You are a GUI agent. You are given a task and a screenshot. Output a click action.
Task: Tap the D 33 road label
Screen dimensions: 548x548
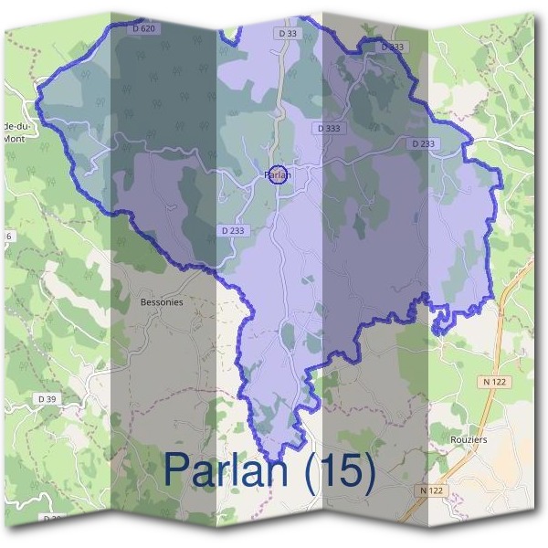[x=285, y=34]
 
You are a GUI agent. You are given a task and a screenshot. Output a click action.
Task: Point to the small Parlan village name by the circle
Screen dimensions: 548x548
[x=277, y=174]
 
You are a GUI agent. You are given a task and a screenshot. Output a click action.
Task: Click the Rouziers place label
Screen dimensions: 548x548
[x=469, y=439]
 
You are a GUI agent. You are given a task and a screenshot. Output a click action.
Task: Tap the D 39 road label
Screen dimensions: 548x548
[x=47, y=399]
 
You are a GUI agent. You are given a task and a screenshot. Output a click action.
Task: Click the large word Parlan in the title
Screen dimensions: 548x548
[x=230, y=469]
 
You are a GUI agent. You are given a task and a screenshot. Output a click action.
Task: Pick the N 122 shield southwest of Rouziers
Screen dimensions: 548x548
[x=432, y=490]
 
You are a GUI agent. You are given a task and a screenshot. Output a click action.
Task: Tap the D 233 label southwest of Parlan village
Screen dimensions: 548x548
[x=233, y=231]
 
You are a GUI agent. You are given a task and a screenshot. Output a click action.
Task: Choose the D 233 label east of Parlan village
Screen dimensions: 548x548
[x=423, y=143]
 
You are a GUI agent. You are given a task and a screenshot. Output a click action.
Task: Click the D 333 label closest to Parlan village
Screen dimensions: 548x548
[x=328, y=129]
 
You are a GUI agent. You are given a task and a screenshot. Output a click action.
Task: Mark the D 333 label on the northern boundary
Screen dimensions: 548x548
[x=391, y=47]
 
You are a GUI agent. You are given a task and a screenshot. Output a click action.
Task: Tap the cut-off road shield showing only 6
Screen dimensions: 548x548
[x=9, y=237]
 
